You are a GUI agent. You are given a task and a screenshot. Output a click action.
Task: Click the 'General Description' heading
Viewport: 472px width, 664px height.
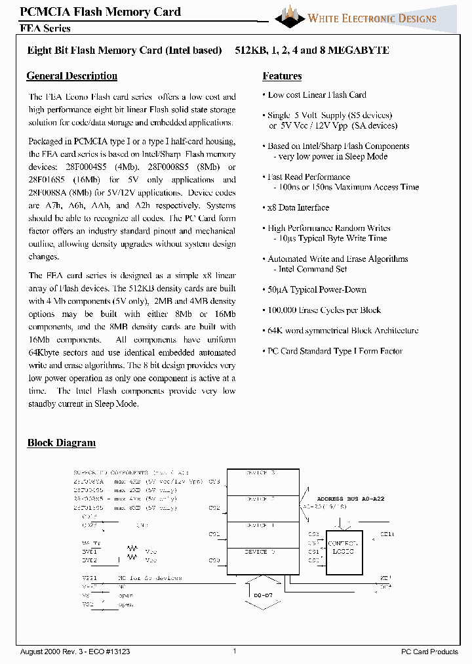pyautogui.click(x=72, y=76)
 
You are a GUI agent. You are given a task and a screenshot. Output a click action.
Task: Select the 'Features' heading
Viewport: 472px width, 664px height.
pyautogui.click(x=282, y=76)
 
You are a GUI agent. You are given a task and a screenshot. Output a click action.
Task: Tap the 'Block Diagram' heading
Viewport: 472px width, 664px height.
pyautogui.click(x=62, y=443)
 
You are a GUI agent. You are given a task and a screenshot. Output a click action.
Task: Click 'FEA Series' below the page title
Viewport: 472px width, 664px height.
pyautogui.click(x=45, y=28)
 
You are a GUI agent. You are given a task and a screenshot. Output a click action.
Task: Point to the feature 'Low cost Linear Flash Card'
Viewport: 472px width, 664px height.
pyautogui.click(x=317, y=95)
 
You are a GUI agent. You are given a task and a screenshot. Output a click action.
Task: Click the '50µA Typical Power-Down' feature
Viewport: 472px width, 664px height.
pyautogui.click(x=317, y=289)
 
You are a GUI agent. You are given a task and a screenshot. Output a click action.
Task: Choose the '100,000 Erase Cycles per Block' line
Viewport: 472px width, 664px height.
pyautogui.click(x=324, y=310)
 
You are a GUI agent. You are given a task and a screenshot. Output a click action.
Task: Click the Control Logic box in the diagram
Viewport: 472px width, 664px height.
pyautogui.click(x=343, y=549)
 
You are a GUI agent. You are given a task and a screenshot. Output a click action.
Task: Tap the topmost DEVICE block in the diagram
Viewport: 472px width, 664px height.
pyautogui.click(x=263, y=478)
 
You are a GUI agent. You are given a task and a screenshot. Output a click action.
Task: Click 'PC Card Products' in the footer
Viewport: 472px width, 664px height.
pyautogui.click(x=429, y=651)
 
